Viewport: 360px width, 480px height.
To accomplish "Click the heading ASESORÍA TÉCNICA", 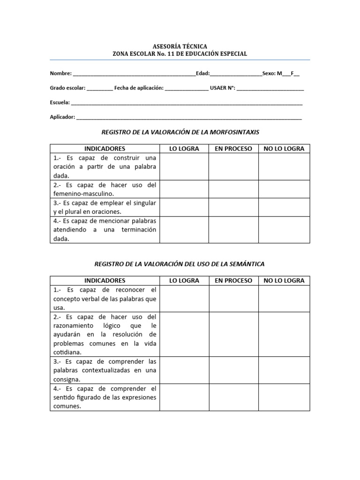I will pyautogui.click(x=180, y=46).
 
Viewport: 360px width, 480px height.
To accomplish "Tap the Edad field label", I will pyautogui.click(x=202, y=74).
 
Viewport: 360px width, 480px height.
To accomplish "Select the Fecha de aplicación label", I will pyautogui.click(x=139, y=88).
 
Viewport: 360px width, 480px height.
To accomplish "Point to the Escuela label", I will pyautogui.click(x=60, y=102).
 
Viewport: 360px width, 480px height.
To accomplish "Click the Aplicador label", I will pyautogui.click(x=62, y=117).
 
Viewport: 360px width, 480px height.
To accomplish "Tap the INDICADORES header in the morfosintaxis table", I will pyautogui.click(x=105, y=149).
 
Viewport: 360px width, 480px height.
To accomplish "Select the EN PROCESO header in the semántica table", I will pyautogui.click(x=233, y=280).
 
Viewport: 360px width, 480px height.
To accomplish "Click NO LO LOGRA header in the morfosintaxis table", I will pyautogui.click(x=284, y=149).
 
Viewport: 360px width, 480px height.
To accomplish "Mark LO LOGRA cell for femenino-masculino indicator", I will pyautogui.click(x=184, y=189).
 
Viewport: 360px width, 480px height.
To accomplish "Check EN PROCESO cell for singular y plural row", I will pyautogui.click(x=233, y=207).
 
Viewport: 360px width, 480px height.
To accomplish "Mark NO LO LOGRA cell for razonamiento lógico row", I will pyautogui.click(x=284, y=334).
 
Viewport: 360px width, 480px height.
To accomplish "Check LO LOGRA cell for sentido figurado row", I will pyautogui.click(x=184, y=397).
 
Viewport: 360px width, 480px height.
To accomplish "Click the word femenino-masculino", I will pyautogui.click(x=83, y=194).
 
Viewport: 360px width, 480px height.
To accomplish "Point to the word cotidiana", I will pyautogui.click(x=67, y=352).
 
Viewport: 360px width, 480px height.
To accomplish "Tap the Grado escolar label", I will pyautogui.click(x=67, y=88).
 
